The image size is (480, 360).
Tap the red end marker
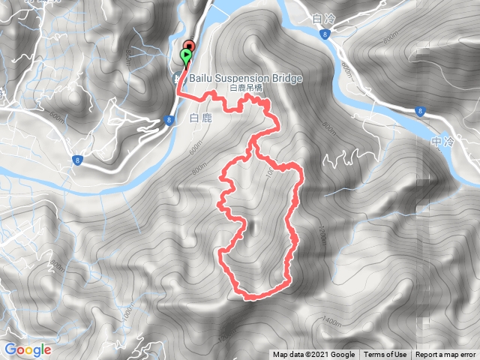pos(189,47)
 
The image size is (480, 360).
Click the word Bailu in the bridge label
pos(202,78)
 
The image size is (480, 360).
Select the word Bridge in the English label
pos(286,78)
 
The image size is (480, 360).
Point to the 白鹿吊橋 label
pos(246,88)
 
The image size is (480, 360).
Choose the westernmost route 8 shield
pos(77,159)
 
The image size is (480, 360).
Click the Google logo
pos(28,349)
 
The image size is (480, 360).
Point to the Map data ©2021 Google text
pos(313,355)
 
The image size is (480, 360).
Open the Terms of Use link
pos(385,355)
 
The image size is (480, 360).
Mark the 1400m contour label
pos(330,323)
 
